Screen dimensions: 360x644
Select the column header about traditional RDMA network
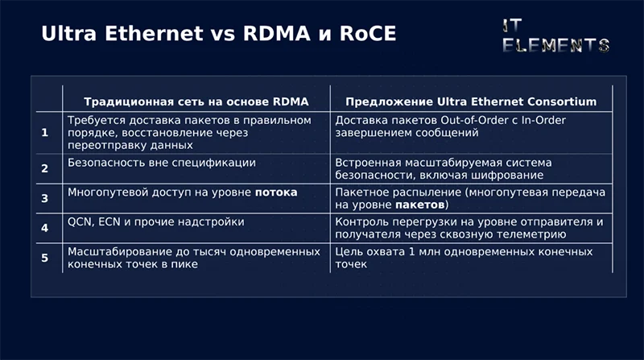(x=196, y=102)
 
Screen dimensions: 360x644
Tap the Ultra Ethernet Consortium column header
(x=471, y=102)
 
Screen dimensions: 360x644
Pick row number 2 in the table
(x=45, y=168)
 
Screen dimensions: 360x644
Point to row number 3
(x=45, y=198)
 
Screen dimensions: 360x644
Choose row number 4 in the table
(x=45, y=228)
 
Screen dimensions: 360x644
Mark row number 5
(x=45, y=258)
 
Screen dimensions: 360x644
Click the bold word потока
(x=276, y=192)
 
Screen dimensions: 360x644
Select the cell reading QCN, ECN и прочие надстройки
(x=156, y=221)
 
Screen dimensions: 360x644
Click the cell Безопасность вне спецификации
(x=162, y=163)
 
